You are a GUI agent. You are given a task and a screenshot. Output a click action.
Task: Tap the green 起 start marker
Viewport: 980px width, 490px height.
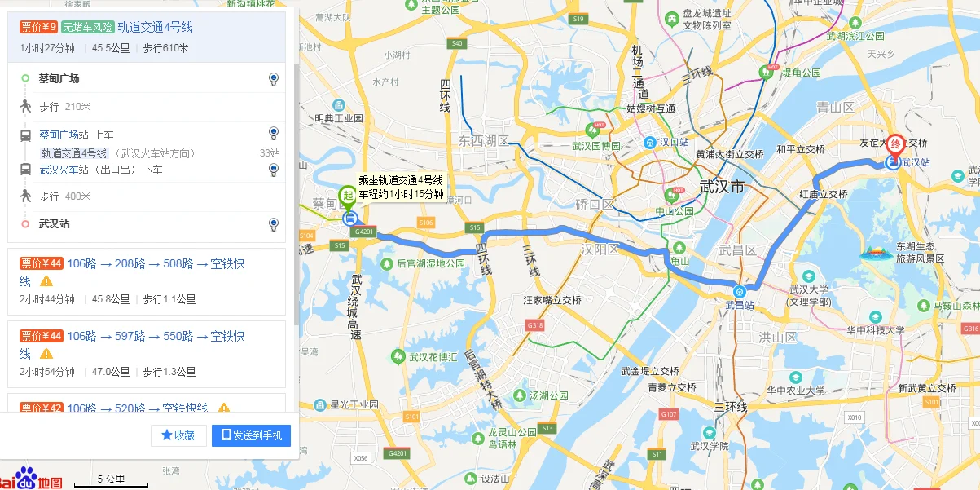[x=348, y=196]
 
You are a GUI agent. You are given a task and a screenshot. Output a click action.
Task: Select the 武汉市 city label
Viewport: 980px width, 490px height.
[x=722, y=188]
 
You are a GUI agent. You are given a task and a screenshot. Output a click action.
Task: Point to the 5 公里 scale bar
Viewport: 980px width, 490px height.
[x=111, y=480]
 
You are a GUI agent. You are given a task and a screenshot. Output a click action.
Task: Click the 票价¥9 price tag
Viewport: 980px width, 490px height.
[x=38, y=27]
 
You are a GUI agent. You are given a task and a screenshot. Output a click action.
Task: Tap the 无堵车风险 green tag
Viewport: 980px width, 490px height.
[x=87, y=27]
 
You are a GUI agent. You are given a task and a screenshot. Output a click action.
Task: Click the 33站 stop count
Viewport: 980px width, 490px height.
[x=270, y=153]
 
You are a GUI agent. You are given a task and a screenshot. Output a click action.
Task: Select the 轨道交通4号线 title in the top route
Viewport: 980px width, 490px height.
[x=155, y=27]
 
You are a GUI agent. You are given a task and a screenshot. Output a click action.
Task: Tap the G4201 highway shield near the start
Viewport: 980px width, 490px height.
[x=363, y=232]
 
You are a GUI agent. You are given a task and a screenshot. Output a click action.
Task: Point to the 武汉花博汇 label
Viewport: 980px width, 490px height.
[x=434, y=356]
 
